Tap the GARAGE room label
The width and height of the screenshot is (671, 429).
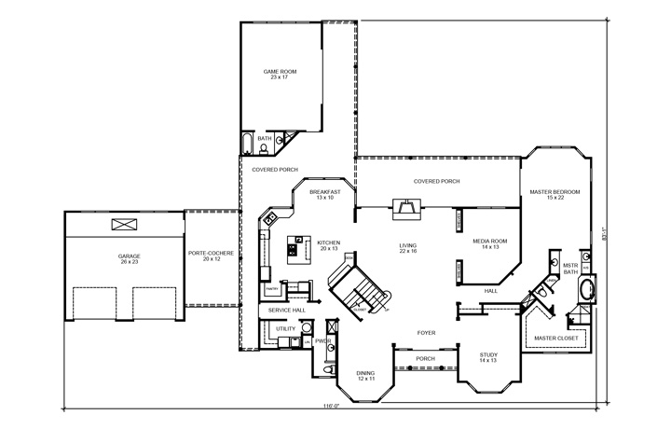pos(129,258)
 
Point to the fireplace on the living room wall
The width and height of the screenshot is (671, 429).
pos(404,208)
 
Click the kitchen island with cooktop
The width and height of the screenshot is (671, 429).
pos(299,246)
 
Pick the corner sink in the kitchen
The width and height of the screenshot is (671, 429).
pos(268,219)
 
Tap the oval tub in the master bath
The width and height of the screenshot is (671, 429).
pos(586,289)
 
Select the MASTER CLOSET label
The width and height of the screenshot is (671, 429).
pos(555,338)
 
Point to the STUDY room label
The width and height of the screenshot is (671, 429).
pos(488,357)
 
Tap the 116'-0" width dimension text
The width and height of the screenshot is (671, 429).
pos(330,407)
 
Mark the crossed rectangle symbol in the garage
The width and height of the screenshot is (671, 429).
pos(123,224)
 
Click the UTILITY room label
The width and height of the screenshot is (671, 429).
pos(284,329)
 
